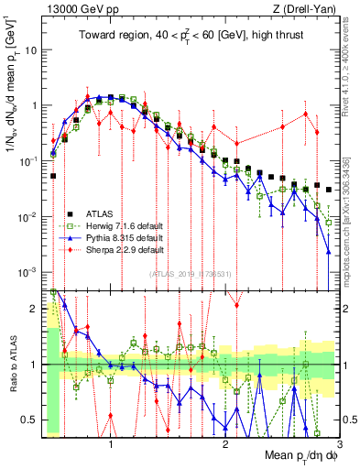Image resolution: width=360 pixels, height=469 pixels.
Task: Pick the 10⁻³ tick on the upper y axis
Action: pyautogui.click(x=28, y=272)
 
